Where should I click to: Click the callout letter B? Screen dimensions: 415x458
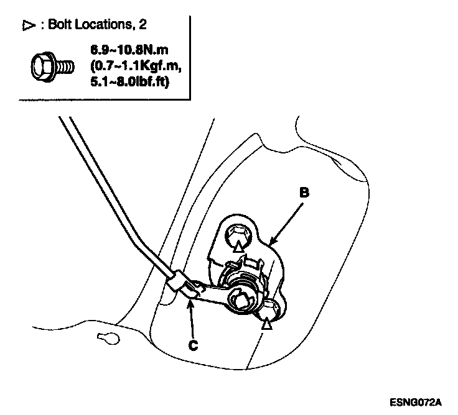click(x=304, y=193)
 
